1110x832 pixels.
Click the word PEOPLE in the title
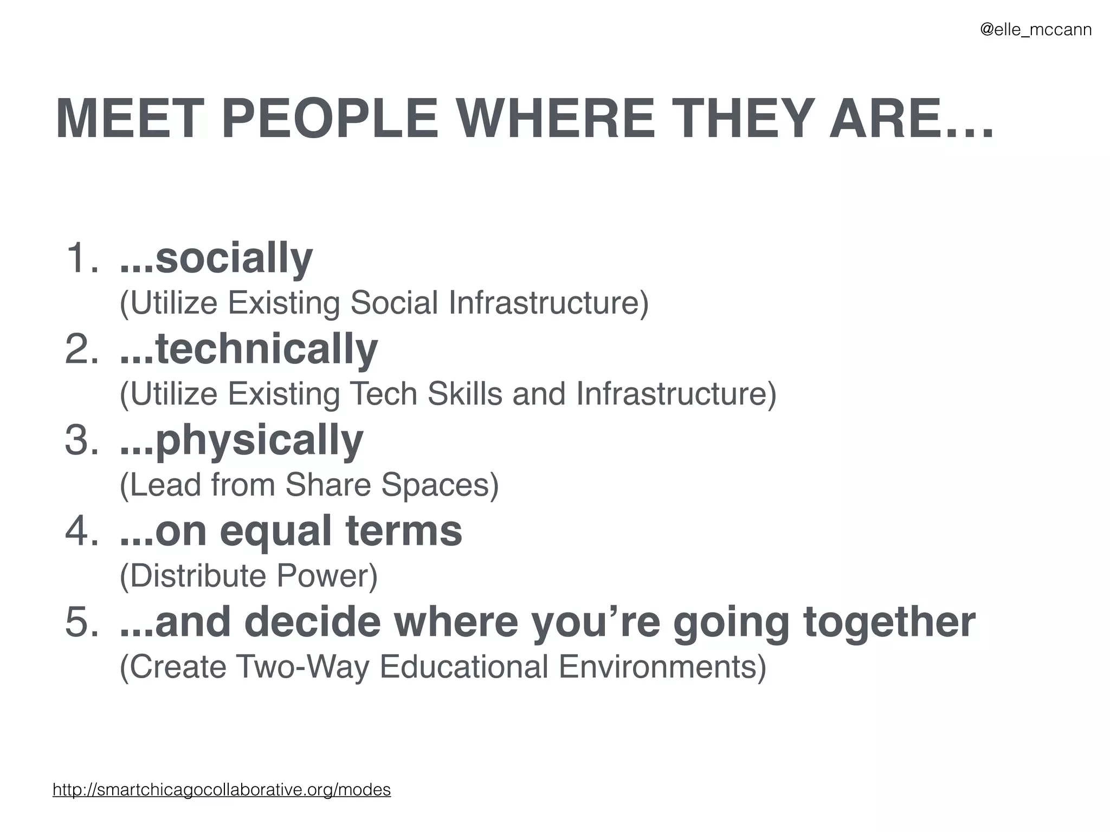(330, 119)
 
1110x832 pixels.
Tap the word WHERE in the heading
(557, 119)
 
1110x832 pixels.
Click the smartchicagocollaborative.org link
(222, 789)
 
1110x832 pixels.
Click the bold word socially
(234, 258)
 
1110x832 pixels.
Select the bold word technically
(266, 349)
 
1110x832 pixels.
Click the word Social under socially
(394, 302)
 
